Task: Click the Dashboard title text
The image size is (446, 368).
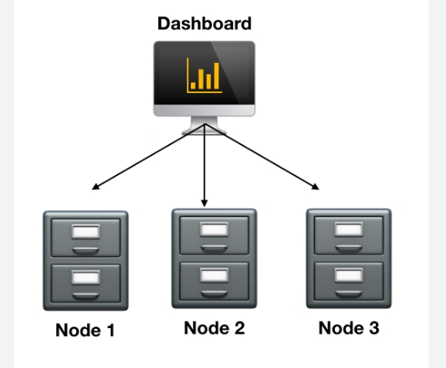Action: pyautogui.click(x=205, y=24)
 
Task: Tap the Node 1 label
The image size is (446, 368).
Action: pyautogui.click(x=85, y=330)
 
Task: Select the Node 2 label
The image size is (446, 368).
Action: pyautogui.click(x=214, y=328)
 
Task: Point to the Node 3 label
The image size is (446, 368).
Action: pyautogui.click(x=349, y=328)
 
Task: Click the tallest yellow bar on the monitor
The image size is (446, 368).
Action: pyautogui.click(x=216, y=76)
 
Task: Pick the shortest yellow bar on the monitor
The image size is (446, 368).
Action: pyautogui.click(x=193, y=86)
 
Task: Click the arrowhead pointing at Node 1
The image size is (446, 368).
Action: pyautogui.click(x=96, y=186)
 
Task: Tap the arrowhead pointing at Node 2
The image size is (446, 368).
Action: pyautogui.click(x=204, y=202)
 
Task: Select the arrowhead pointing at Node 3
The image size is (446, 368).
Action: pyautogui.click(x=316, y=186)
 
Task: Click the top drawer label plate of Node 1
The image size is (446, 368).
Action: pyautogui.click(x=86, y=231)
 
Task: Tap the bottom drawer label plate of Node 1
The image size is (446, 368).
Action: pyautogui.click(x=86, y=277)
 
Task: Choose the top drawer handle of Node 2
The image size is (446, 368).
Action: pyautogui.click(x=214, y=249)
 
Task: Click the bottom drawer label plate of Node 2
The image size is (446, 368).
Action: pyautogui.click(x=214, y=275)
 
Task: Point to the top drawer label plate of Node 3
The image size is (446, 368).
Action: pyautogui.click(x=349, y=229)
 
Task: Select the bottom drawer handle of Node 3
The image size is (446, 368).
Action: pyautogui.click(x=349, y=295)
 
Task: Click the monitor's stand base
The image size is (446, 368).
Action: pyautogui.click(x=204, y=131)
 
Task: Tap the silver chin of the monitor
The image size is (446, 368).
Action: pyautogui.click(x=204, y=110)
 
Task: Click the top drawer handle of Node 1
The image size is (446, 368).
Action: pyautogui.click(x=86, y=251)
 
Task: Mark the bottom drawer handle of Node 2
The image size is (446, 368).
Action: pyautogui.click(x=214, y=295)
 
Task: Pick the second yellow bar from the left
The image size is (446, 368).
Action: pyautogui.click(x=201, y=79)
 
